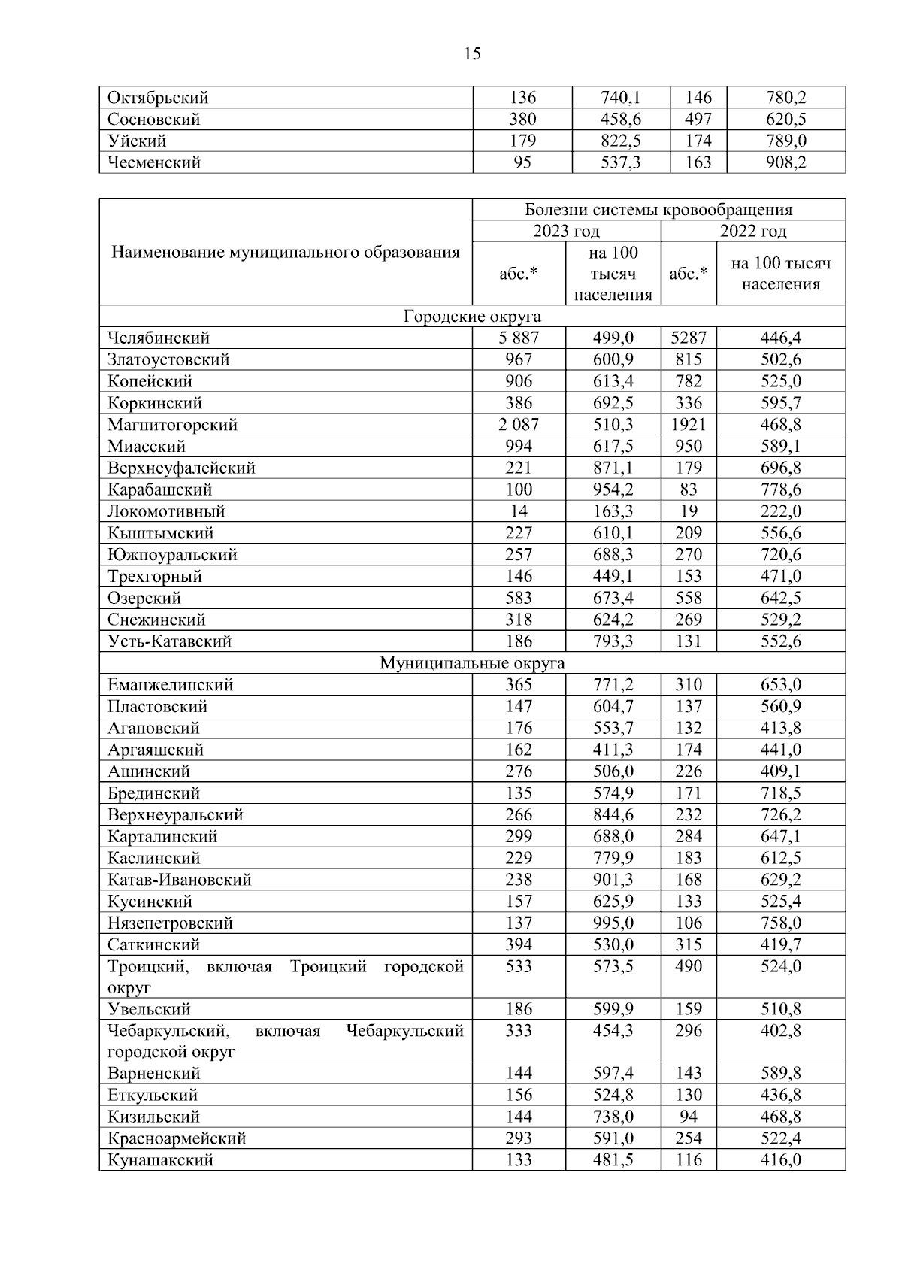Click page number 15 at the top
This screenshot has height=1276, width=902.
pos(473,53)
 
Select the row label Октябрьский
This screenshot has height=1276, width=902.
pos(158,98)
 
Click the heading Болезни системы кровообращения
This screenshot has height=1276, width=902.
pos(658,210)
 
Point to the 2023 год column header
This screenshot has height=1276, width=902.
pos(566,231)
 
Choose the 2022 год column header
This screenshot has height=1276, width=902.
pos(752,231)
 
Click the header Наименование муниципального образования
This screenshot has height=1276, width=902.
pos(286,253)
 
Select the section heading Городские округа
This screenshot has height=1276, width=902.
pos(472,317)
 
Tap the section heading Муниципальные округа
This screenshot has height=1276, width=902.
pos(472,663)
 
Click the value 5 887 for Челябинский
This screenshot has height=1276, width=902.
pos(519,338)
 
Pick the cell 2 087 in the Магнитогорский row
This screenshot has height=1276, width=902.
pos(519,425)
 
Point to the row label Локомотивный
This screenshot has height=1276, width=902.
pos(166,511)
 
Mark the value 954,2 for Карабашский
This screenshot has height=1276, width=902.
pos(613,489)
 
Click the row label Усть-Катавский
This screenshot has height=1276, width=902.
pos(169,641)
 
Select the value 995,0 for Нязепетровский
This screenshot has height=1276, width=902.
pos(613,923)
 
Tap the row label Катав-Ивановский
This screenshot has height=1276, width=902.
pos(179,880)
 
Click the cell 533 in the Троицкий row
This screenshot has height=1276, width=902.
pos(519,966)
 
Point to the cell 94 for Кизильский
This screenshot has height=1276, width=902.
pos(688,1117)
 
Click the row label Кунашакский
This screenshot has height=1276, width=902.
pos(160,1160)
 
